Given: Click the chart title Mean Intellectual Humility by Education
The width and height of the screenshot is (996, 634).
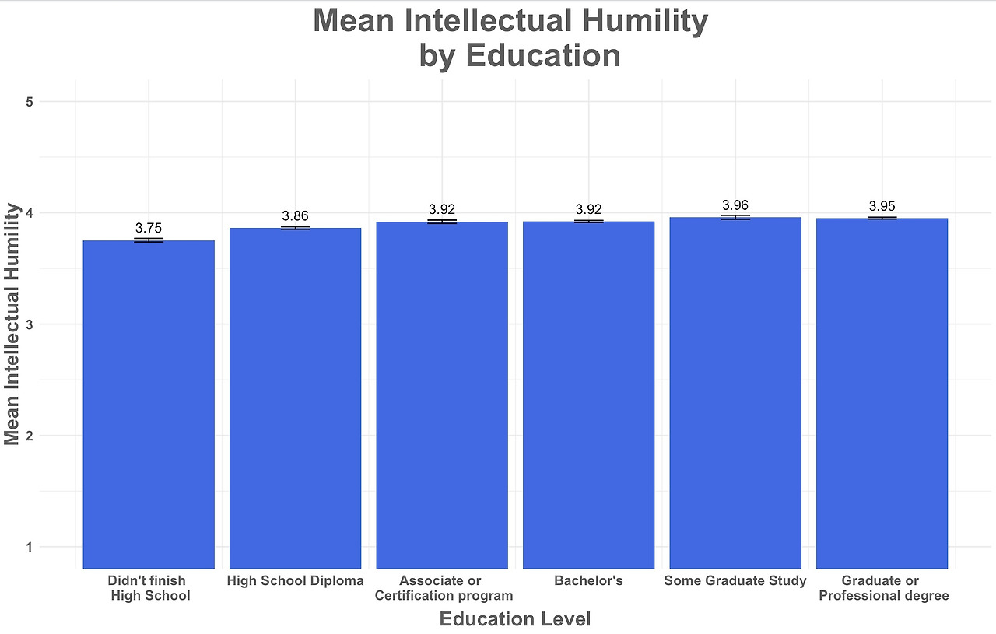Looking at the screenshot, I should coord(510,38).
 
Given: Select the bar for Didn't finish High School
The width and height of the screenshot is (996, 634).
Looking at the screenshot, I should coord(149,405).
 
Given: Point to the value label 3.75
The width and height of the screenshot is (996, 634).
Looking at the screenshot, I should coord(149,228).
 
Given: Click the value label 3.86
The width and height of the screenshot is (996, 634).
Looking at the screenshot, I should coord(295,215).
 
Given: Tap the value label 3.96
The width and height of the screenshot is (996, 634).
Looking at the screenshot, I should coord(735,205).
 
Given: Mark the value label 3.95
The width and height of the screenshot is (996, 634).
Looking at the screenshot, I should coord(882,206).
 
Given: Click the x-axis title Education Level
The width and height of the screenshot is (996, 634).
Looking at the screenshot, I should coord(514,619).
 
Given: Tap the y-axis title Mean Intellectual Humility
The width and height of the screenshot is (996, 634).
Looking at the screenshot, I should coord(12,324).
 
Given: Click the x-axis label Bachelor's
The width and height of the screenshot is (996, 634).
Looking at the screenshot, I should coord(588,581).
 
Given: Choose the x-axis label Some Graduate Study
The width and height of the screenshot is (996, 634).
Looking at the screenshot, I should coord(735,581).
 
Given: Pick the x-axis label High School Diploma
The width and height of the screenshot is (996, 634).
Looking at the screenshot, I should coord(295,581).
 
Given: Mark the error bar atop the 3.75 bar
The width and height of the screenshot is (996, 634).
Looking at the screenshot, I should coord(149,240).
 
